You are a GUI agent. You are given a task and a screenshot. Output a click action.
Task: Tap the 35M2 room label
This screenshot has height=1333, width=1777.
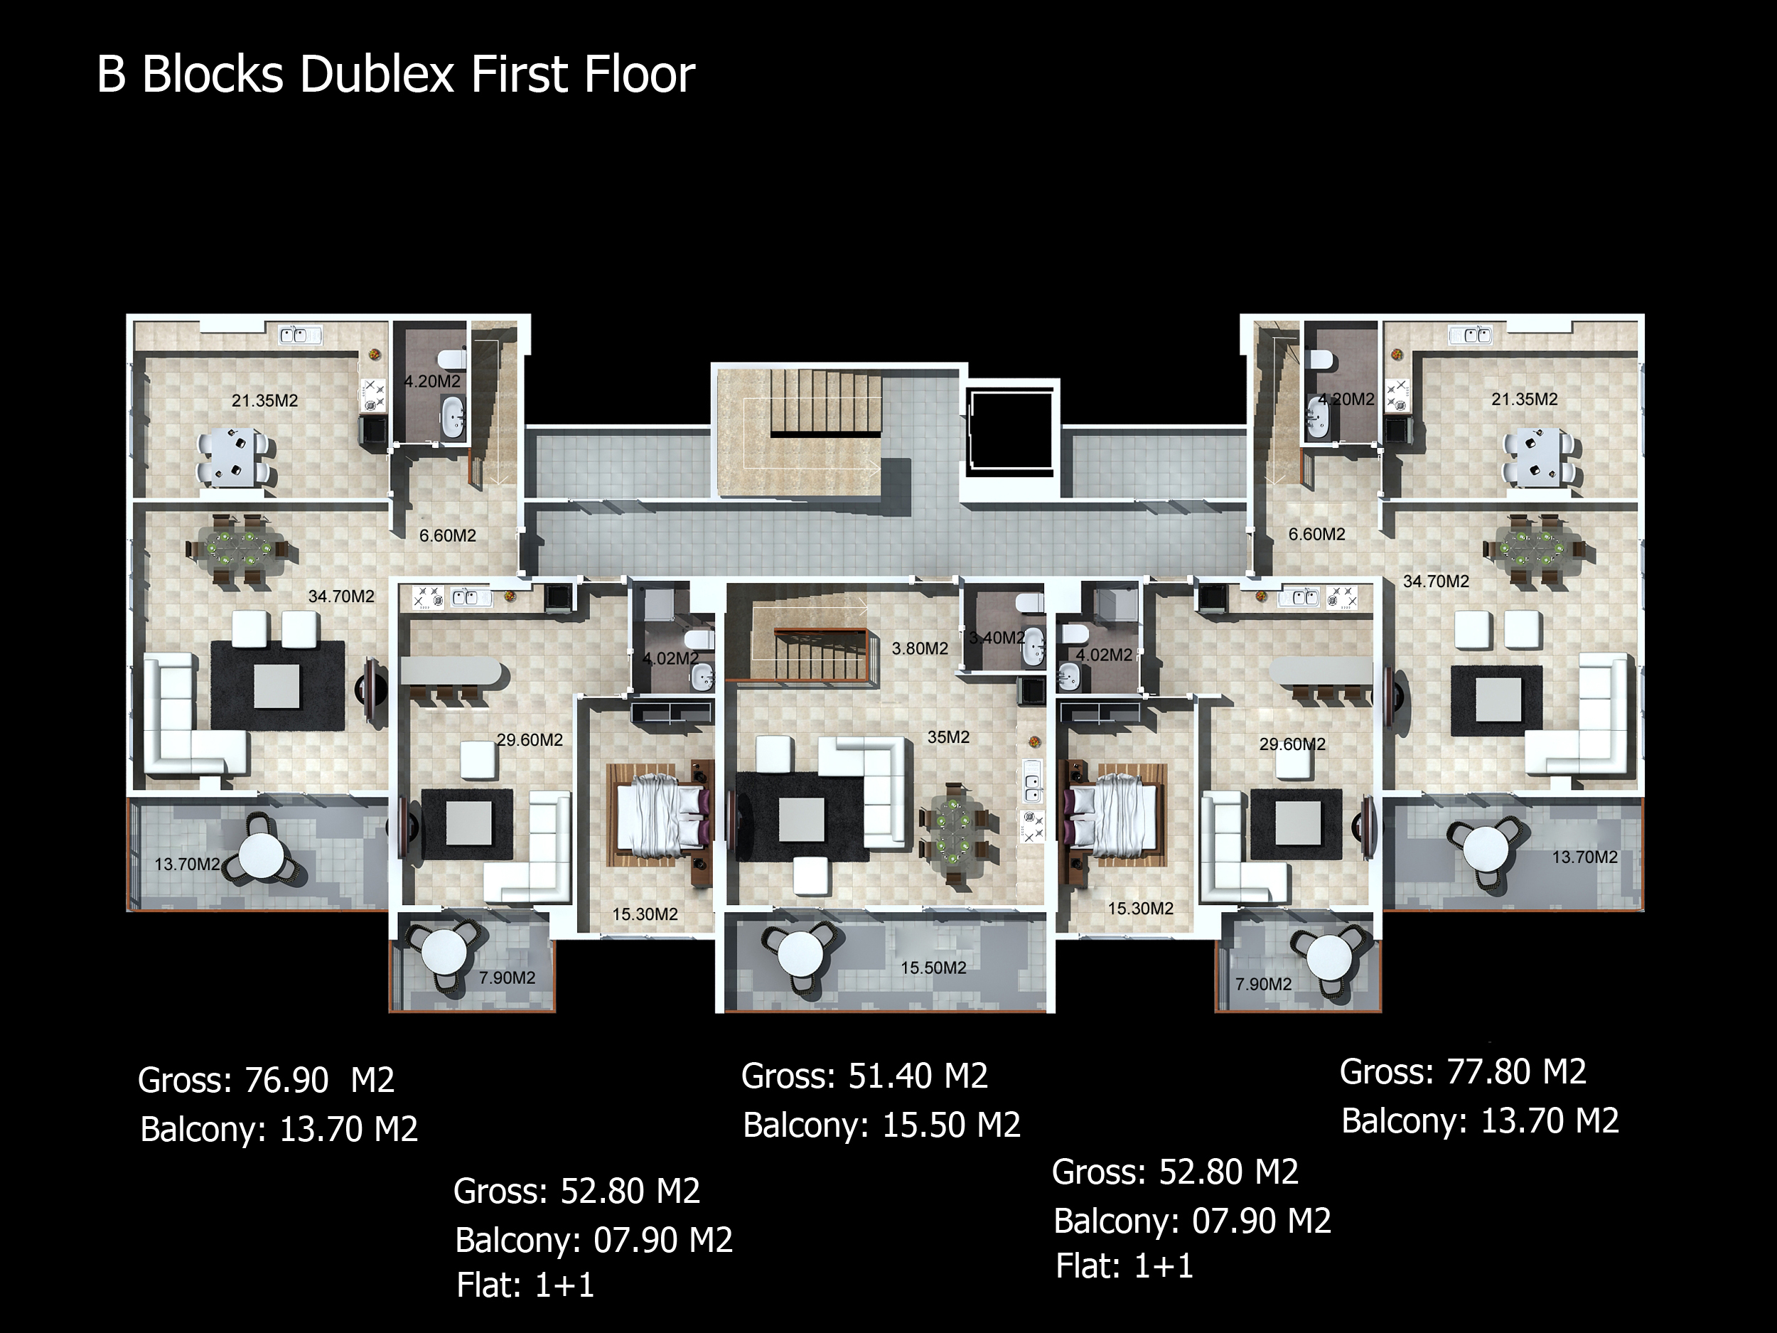(949, 737)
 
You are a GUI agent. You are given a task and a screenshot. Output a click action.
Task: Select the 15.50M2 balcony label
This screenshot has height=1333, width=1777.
(933, 968)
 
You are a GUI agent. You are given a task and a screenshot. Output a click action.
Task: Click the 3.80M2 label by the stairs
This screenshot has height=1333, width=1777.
(920, 648)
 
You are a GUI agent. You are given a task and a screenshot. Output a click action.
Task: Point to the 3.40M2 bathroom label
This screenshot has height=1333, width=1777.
(997, 638)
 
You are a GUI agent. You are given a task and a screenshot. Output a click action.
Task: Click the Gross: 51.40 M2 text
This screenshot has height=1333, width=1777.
(864, 1076)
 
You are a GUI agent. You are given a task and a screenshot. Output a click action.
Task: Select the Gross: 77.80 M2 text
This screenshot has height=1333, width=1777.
(1463, 1072)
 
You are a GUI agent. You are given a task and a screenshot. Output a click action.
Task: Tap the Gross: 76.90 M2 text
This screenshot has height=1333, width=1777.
(266, 1080)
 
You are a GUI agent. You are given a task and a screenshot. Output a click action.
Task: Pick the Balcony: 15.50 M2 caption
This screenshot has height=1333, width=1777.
(881, 1125)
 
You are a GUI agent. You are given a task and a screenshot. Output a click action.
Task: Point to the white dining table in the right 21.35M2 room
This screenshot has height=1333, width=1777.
(1537, 457)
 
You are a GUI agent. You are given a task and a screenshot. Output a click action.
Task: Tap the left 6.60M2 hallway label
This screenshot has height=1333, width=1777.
(448, 535)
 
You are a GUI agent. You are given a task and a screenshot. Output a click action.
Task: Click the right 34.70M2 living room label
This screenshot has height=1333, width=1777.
(1436, 581)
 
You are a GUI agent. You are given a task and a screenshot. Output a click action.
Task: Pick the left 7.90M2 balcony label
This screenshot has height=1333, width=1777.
(507, 978)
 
